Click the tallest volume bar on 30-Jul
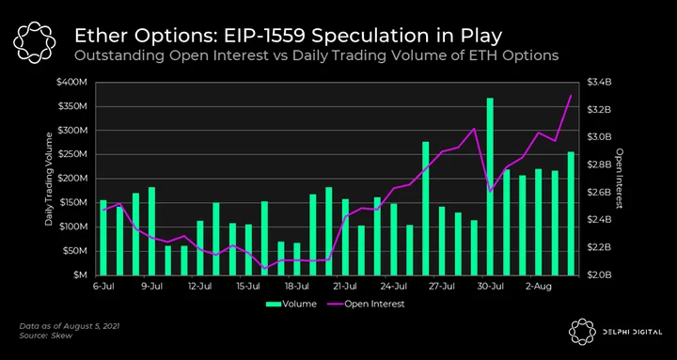490,186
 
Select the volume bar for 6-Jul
103,238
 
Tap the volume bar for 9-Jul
151,231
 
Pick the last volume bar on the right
571,213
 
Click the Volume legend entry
291,304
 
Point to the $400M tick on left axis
75,83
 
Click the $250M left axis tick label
75,154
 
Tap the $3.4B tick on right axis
600,83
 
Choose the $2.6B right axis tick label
600,192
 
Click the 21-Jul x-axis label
345,286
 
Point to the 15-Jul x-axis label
248,286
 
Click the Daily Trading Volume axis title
49,179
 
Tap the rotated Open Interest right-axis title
620,179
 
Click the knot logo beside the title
35,42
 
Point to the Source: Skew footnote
46,336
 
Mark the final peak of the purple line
571,95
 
